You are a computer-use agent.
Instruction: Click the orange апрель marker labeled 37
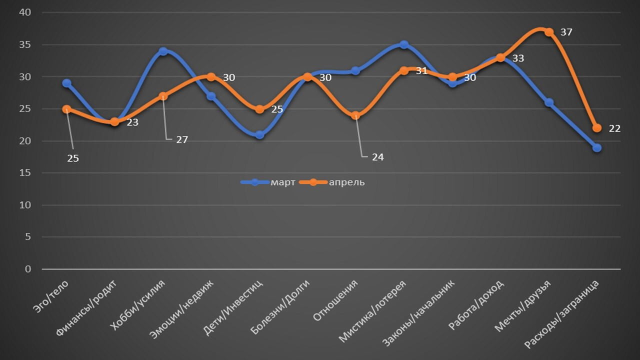[549, 32]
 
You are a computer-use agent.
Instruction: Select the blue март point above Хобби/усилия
[163, 51]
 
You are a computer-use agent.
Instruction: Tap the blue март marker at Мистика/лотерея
[404, 45]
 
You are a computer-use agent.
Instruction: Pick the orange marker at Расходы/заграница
[597, 128]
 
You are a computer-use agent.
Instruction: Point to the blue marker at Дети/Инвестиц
[259, 134]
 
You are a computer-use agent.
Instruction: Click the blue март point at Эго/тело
[66, 83]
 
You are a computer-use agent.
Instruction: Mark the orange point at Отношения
[355, 115]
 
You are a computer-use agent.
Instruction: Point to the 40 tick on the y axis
[25, 13]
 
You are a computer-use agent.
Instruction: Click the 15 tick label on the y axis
[25, 173]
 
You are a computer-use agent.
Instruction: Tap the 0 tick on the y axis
[28, 269]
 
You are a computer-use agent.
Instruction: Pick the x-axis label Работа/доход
[476, 305]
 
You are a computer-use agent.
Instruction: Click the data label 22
[614, 128]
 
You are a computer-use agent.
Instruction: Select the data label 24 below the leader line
[377, 157]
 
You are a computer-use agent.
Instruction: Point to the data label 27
[181, 140]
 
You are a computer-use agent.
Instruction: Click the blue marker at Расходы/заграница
[597, 147]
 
